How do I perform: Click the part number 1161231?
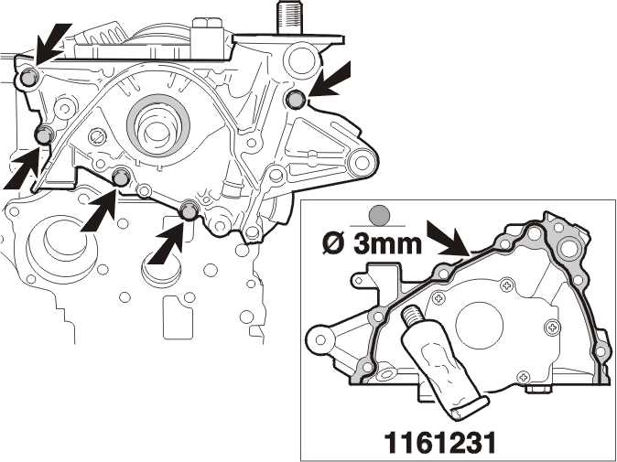(x=439, y=443)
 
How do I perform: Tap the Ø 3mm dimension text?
(x=373, y=243)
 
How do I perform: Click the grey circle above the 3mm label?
(x=379, y=216)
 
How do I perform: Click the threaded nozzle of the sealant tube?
(x=410, y=314)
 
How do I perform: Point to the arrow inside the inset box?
(x=449, y=239)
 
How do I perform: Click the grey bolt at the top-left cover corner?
(x=28, y=77)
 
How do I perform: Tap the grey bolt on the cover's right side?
(x=295, y=99)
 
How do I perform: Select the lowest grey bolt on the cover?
(x=188, y=210)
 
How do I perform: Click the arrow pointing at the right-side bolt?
(x=330, y=81)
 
